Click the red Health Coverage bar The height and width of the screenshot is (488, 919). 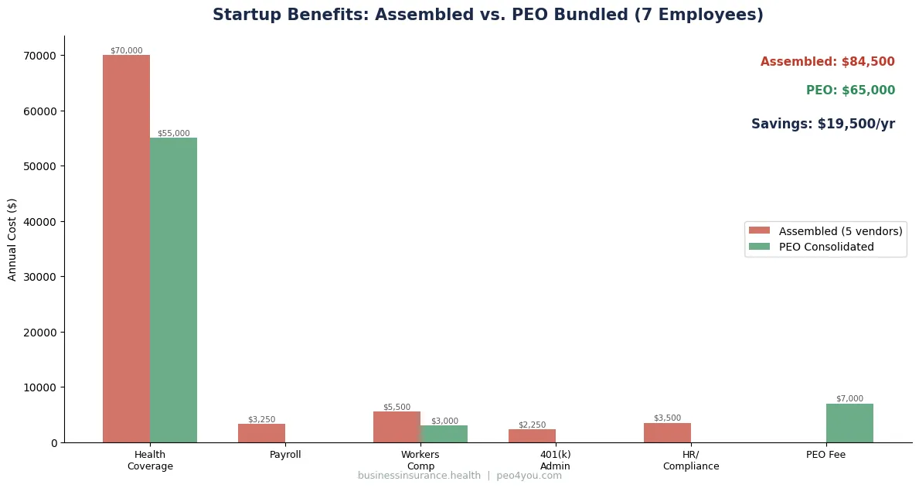126,248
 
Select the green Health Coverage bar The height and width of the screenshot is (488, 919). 173,290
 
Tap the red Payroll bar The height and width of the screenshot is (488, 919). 261,433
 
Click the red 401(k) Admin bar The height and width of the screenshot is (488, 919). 532,436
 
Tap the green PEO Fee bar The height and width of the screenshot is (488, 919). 849,423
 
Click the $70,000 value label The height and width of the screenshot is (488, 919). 126,50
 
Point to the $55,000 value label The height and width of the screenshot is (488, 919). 173,133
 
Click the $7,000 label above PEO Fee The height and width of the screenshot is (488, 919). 849,398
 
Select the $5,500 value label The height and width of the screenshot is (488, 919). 397,407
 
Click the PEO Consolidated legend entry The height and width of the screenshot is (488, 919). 826,247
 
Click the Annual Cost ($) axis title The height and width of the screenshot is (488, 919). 12,239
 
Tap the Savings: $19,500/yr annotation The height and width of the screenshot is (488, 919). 822,124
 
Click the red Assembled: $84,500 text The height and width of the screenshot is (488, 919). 827,62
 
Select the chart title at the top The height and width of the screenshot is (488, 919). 488,15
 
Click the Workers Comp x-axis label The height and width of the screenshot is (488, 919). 420,460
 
